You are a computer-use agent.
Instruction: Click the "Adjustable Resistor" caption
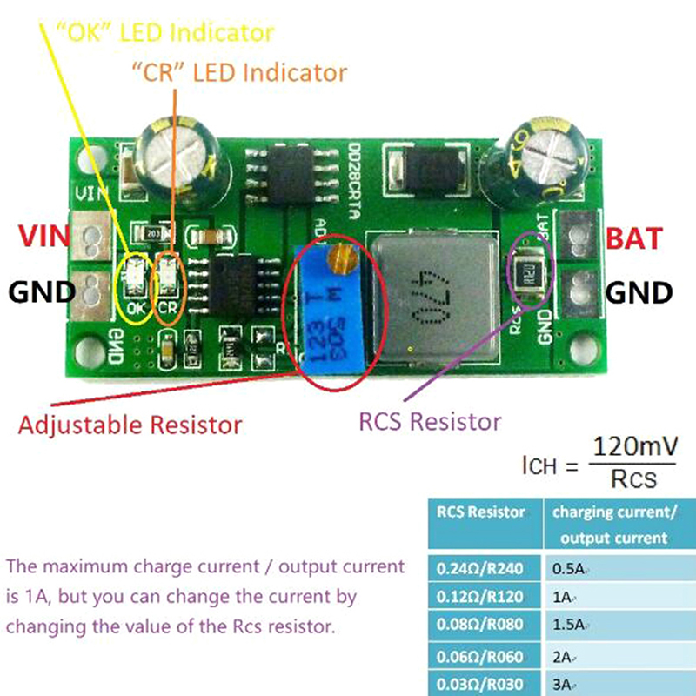point(130,425)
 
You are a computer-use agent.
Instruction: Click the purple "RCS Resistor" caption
point(430,422)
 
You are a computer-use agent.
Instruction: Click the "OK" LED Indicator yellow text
point(164,33)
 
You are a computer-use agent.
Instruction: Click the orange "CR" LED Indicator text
point(238,70)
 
